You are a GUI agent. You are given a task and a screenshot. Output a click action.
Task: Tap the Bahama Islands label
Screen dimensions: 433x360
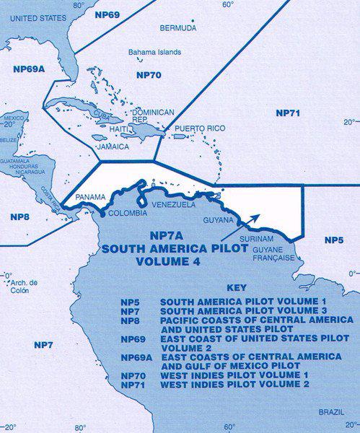tap(155, 53)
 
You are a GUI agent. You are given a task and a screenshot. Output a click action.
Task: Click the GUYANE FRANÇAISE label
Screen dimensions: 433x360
tap(273, 253)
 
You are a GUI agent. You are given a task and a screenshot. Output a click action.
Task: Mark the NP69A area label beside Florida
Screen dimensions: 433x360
tap(27, 69)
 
